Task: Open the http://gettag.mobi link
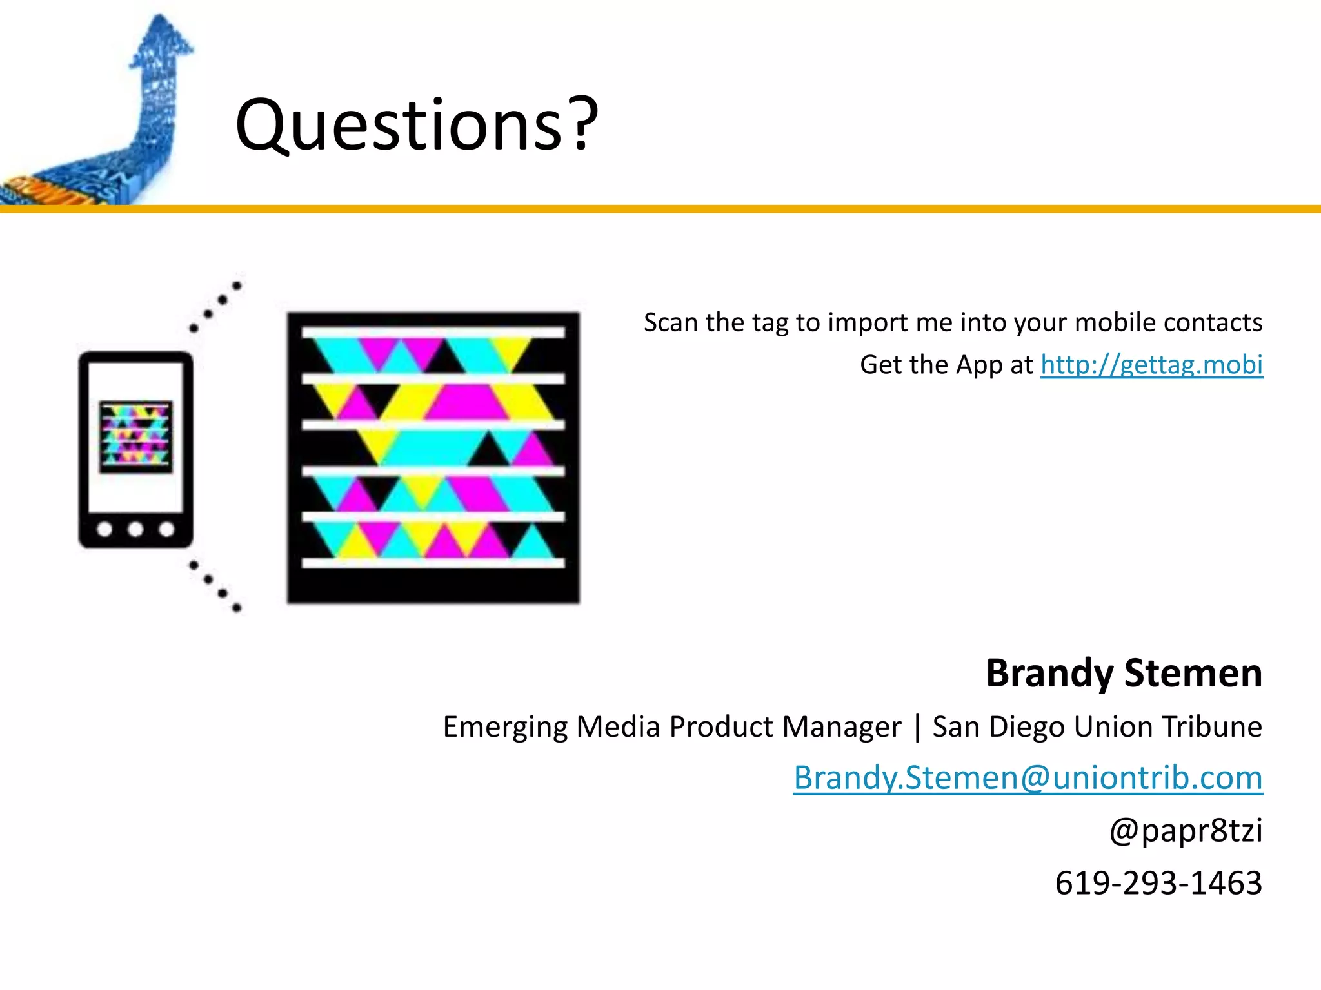pyautogui.click(x=1151, y=365)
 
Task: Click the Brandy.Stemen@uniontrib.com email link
pyautogui.click(x=1028, y=777)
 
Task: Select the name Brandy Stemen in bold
pyautogui.click(x=1124, y=674)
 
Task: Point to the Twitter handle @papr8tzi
pyautogui.click(x=1186, y=830)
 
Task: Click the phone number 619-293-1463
pyautogui.click(x=1158, y=883)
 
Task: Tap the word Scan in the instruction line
pyautogui.click(x=670, y=322)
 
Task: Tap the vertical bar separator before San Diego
pyautogui.click(x=917, y=727)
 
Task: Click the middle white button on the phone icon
pyautogui.click(x=135, y=529)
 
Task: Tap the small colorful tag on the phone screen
pyautogui.click(x=135, y=436)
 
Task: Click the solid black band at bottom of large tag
pyautogui.click(x=433, y=585)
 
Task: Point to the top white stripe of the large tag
pyautogui.click(x=433, y=332)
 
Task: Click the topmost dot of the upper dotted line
pyautogui.click(x=237, y=286)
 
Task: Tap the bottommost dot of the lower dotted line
pyautogui.click(x=237, y=607)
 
